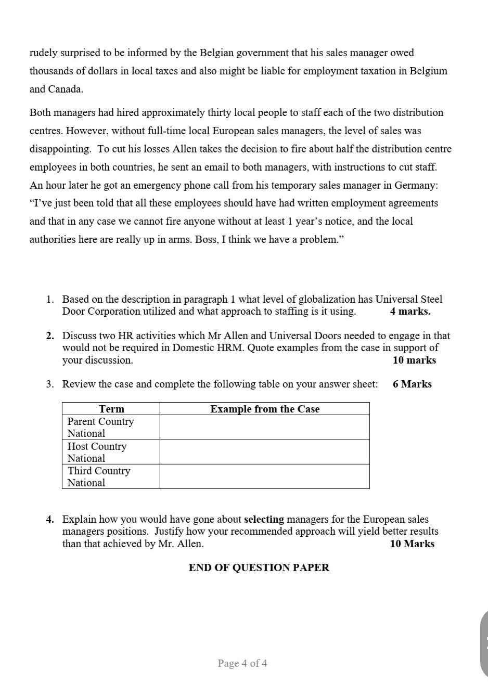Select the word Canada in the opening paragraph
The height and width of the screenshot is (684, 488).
pos(64,89)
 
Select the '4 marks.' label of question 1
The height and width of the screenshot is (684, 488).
pos(410,312)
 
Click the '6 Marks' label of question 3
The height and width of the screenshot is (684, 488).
pos(412,384)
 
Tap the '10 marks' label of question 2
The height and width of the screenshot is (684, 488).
pos(414,360)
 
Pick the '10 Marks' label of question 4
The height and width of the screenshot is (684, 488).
pos(412,544)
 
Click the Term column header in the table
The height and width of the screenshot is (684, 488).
pos(111,409)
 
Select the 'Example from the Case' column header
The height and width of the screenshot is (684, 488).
pos(265,409)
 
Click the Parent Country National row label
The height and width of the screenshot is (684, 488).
pos(100,427)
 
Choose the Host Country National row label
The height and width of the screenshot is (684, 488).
pos(97,452)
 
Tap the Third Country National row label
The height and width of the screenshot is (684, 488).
pos(99,476)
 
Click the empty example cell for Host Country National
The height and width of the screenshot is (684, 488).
pos(264,452)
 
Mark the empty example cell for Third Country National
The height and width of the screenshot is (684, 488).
pos(264,476)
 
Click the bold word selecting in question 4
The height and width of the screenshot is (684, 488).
pos(264,519)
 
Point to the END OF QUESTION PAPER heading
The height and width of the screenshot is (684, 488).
pos(259,567)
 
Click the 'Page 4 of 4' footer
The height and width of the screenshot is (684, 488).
pos(242,663)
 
